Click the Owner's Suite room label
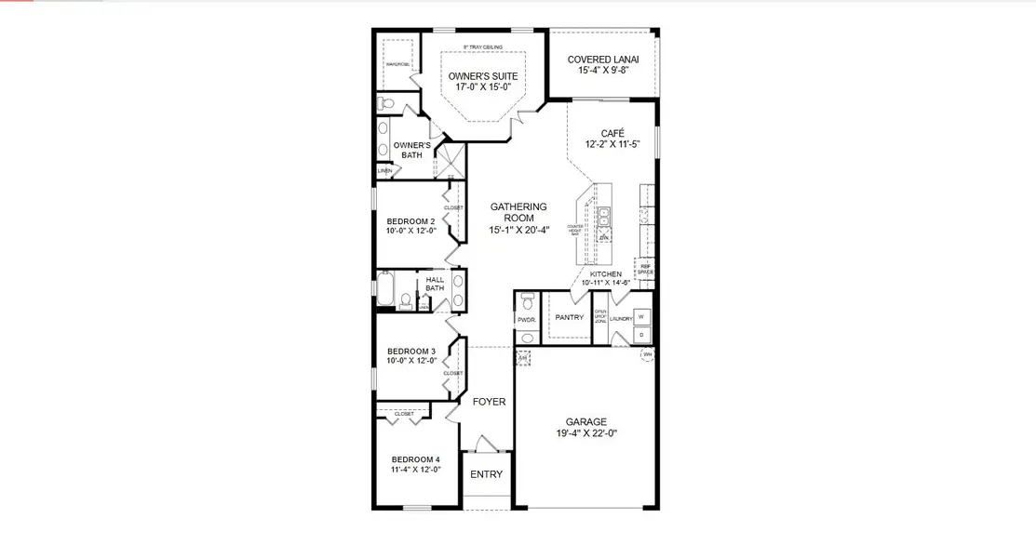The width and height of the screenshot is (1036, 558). [482, 76]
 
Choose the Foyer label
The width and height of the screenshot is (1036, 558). [489, 402]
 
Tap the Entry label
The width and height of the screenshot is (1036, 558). [486, 474]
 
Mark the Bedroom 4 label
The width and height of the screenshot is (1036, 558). [415, 459]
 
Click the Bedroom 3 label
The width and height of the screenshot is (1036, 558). [410, 351]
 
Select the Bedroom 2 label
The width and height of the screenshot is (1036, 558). [410, 221]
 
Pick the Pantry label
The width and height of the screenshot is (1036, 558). [569, 317]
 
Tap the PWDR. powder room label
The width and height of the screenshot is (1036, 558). [526, 319]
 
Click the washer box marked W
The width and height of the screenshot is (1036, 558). [641, 316]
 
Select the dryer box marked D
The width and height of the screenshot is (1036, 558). [641, 334]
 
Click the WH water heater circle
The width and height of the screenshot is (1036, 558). [646, 353]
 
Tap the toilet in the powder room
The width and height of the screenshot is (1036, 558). [527, 302]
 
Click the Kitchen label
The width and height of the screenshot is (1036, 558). [606, 275]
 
